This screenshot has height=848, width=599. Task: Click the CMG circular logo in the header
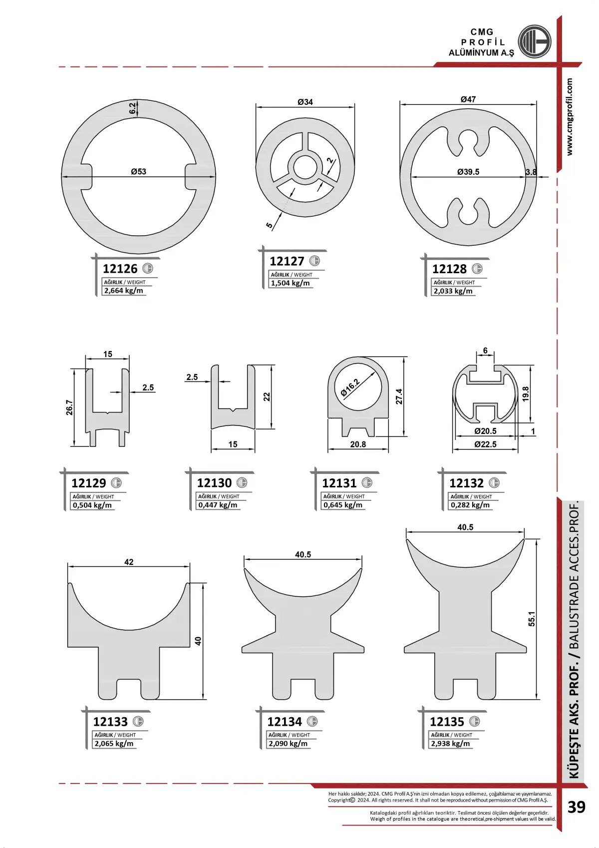click(534, 41)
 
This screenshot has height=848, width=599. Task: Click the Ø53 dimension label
click(138, 171)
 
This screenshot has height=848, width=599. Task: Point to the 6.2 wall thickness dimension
click(132, 109)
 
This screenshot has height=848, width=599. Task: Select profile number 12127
click(287, 261)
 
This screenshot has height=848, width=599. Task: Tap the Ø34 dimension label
click(305, 102)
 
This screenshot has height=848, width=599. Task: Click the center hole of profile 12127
click(305, 167)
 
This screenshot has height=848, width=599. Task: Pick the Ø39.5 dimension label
click(468, 172)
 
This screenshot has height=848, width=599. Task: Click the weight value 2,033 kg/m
click(453, 291)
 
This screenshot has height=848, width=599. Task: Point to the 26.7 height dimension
click(69, 408)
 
